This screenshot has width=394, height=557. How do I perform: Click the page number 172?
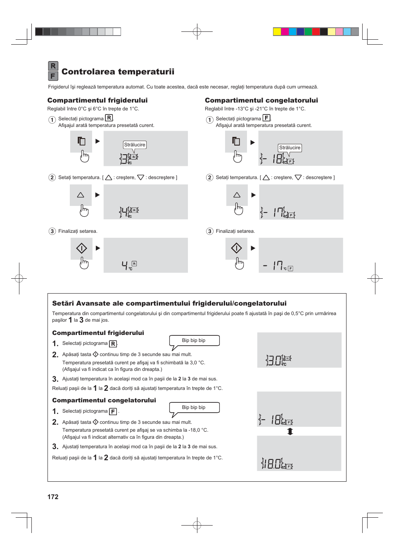(53, 497)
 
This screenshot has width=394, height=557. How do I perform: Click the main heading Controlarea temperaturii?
(118, 72)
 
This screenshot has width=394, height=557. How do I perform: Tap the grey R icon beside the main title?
(53, 66)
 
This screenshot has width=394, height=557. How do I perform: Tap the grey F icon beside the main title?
(53, 76)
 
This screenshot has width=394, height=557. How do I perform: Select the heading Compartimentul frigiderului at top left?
(97, 100)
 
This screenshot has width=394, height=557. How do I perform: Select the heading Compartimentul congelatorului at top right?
(261, 100)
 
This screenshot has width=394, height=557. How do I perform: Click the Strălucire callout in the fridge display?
(135, 145)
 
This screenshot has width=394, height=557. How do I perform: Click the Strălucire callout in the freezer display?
(290, 148)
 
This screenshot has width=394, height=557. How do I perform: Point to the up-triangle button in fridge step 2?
(81, 195)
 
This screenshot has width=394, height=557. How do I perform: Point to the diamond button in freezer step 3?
(236, 248)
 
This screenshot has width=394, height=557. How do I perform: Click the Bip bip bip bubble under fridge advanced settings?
(194, 340)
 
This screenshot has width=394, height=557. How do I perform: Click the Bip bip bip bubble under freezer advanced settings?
(194, 407)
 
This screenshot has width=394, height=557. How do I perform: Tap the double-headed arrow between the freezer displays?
(290, 431)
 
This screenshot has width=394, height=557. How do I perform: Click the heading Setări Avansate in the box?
(169, 304)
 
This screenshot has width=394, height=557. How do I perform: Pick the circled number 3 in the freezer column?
(210, 231)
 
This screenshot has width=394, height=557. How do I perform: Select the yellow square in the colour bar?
(277, 32)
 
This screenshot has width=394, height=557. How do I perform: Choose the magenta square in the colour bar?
(285, 32)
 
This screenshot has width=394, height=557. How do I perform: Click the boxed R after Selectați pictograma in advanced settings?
(113, 344)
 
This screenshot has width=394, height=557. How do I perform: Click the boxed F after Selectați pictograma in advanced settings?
(113, 411)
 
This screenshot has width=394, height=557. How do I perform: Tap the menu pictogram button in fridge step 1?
(81, 141)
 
